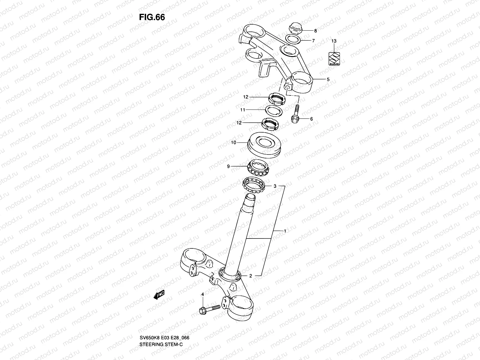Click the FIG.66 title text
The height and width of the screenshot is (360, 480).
[x=152, y=17]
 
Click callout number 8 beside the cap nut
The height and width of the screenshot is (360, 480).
[x=315, y=31]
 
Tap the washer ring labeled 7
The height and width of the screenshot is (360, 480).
[x=292, y=39]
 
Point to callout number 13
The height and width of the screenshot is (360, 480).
[x=334, y=41]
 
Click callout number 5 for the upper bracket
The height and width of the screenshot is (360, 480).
[x=328, y=79]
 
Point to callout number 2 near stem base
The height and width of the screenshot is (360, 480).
[x=251, y=276]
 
